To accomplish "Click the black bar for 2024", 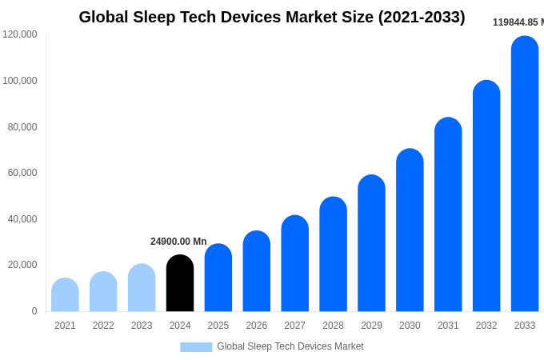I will click(180, 284).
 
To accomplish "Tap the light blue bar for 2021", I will click(65, 295).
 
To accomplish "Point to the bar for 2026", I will click(257, 272).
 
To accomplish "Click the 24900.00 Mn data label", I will click(178, 242).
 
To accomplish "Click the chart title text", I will click(272, 17).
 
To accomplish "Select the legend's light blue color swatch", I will click(196, 347).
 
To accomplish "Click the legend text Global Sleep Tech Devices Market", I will click(290, 346).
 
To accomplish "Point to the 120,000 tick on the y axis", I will click(20, 34).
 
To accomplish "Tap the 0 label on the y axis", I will click(34, 311).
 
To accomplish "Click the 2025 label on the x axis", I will click(218, 326).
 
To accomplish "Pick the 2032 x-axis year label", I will click(486, 326).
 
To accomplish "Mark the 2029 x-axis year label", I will click(371, 326).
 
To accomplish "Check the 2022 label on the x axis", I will click(103, 326).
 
